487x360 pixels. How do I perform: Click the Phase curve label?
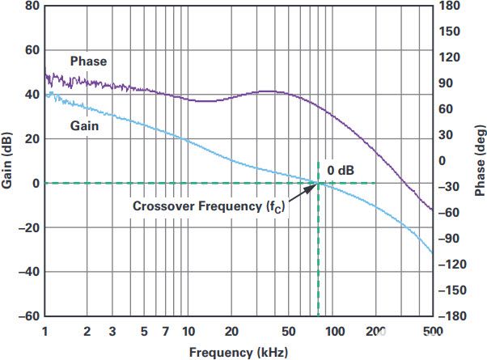pos(88,61)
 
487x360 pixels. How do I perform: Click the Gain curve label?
pos(84,126)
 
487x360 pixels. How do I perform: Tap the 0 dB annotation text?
pos(341,170)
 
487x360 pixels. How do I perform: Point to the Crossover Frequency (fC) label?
pos(209,206)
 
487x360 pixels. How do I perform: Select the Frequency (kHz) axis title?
pos(239,353)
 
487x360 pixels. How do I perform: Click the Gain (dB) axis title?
pos(6,161)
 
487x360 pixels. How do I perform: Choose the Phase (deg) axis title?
pos(480,161)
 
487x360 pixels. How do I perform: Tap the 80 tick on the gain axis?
pos(32,6)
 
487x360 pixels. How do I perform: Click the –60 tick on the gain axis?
pos(29,316)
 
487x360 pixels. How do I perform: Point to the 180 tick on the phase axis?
pos(450,6)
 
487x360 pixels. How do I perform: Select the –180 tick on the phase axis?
pos(452,316)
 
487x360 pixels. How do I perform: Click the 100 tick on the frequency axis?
pos(335,332)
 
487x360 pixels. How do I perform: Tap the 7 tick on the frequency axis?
pos(166,332)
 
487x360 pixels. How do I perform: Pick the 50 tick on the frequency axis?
pos(289,332)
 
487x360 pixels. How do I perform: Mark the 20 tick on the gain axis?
pos(32,139)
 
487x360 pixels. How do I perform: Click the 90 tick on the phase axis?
pos(446,83)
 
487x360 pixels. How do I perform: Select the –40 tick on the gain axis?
pos(29,272)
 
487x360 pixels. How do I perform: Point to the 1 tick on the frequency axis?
pos(45,332)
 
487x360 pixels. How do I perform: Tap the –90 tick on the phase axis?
pos(449,239)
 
